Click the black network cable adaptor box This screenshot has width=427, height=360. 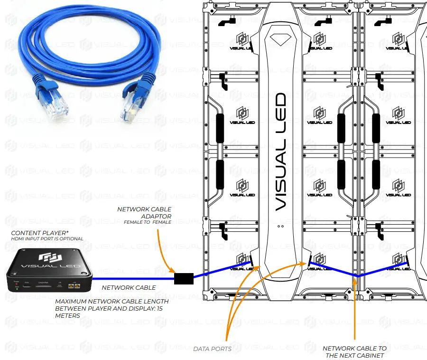click(x=184, y=278)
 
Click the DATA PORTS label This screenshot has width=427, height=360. click(x=212, y=349)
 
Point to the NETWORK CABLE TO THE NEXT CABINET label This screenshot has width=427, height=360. click(x=354, y=352)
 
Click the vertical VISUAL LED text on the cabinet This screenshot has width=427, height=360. click(x=280, y=152)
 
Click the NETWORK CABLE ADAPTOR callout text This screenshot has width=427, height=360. click(x=144, y=212)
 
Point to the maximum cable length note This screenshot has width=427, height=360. click(x=111, y=308)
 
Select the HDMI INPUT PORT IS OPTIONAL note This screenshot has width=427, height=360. click(x=47, y=239)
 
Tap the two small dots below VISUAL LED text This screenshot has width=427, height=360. click(x=280, y=226)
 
